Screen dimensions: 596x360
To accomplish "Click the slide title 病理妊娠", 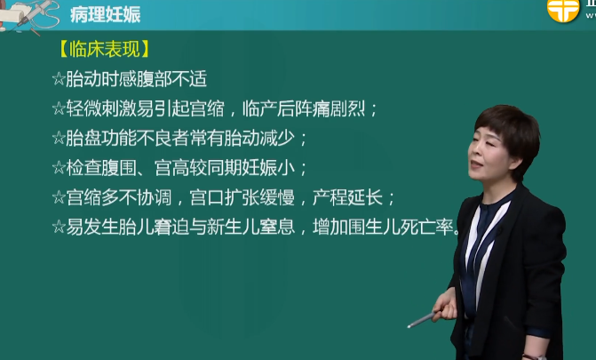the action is [x=106, y=15].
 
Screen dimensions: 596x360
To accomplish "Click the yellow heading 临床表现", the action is [x=105, y=50].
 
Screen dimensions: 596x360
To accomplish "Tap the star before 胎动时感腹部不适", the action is [x=59, y=79].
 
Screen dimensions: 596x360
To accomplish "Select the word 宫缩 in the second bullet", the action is [x=207, y=108].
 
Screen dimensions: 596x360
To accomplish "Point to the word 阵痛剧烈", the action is [x=330, y=108].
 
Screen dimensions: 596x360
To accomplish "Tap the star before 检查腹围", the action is [x=59, y=168].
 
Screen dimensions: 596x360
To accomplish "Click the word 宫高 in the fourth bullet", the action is [x=171, y=168].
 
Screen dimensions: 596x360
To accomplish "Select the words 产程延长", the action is [x=348, y=197].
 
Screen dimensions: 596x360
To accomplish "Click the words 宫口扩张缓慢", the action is [x=242, y=197].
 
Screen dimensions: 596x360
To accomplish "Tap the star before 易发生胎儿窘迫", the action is [x=59, y=228].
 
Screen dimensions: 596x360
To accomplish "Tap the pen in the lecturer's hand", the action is [x=423, y=319].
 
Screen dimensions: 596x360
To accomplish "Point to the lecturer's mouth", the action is [x=475, y=164].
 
